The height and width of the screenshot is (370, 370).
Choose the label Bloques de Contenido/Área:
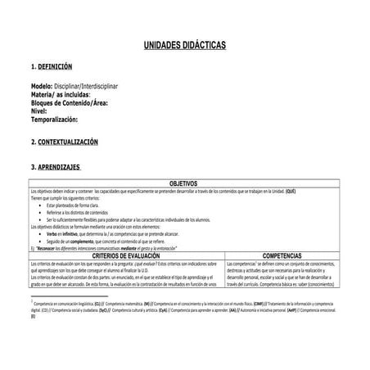tap(69, 102)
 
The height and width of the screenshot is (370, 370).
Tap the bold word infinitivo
tap(78, 233)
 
